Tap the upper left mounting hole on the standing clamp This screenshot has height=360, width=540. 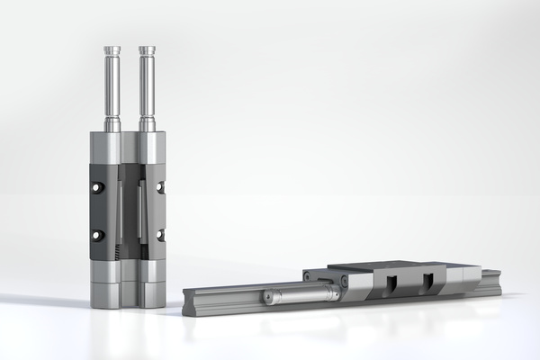click(97, 187)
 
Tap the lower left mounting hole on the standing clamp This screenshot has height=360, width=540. click(97, 235)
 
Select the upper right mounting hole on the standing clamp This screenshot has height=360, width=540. click(160, 187)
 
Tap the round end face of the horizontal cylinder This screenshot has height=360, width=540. click(266, 297)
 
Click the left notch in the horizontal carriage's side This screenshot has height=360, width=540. click(391, 285)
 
